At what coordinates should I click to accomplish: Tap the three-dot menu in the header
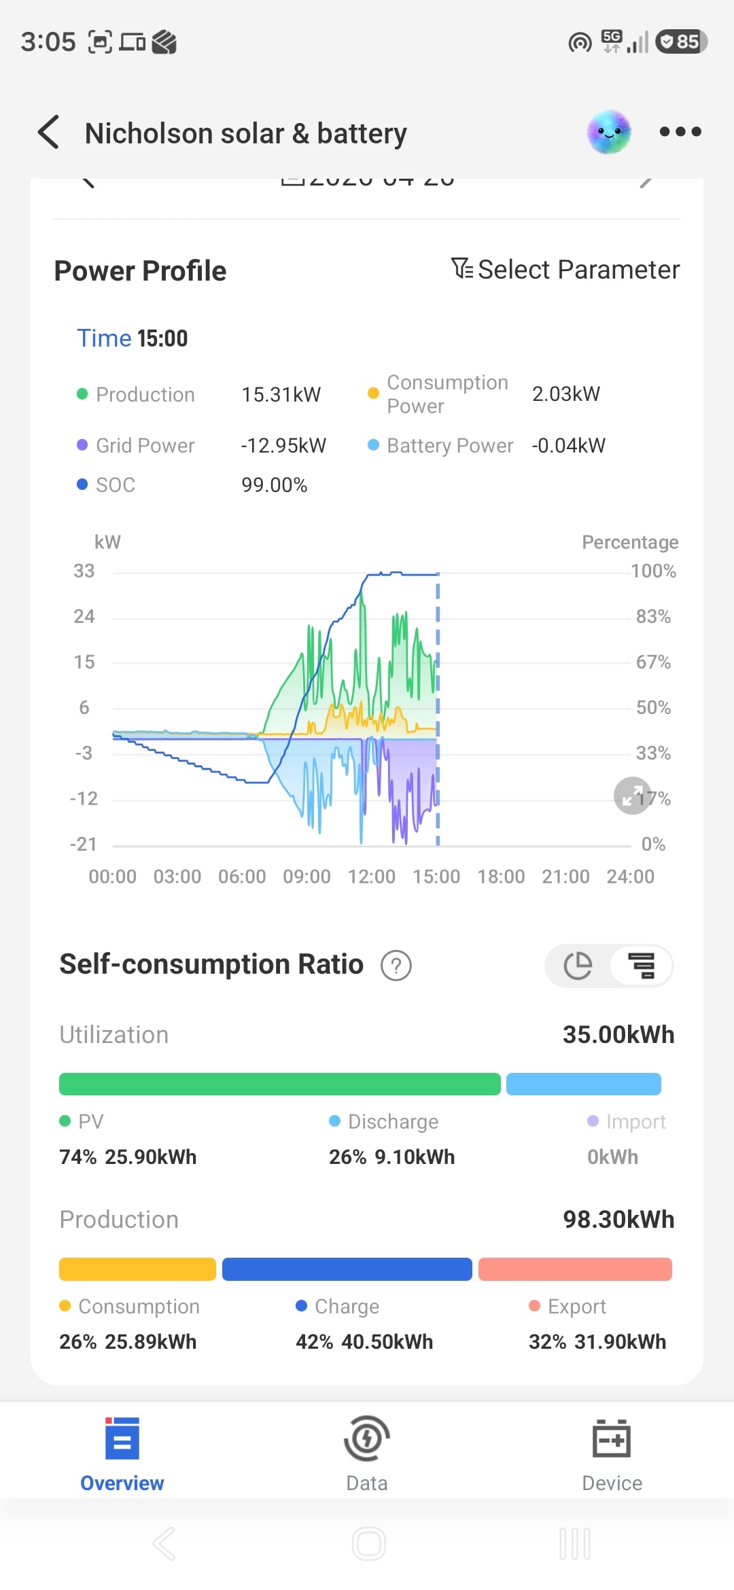click(680, 132)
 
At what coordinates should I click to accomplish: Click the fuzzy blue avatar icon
click(609, 132)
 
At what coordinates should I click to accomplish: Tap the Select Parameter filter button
click(565, 270)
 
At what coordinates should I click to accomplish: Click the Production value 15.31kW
click(281, 395)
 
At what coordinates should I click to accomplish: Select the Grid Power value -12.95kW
click(283, 446)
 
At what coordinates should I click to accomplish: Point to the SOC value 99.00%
click(274, 485)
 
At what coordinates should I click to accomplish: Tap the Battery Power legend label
click(449, 446)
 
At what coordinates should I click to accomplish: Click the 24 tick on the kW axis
click(84, 617)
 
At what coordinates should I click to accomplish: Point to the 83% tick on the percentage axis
click(653, 617)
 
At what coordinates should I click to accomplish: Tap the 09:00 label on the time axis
click(307, 877)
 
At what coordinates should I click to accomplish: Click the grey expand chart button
click(632, 796)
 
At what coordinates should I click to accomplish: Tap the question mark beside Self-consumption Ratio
click(396, 966)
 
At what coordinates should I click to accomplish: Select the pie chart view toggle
click(578, 966)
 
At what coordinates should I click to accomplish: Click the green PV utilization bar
click(279, 1084)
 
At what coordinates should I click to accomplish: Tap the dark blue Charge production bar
click(347, 1269)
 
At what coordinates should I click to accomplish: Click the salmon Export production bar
click(575, 1269)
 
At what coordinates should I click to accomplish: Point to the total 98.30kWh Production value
click(618, 1220)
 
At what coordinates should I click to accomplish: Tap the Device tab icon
click(612, 1438)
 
